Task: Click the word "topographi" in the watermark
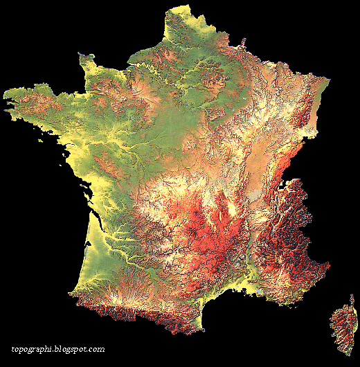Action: (35, 350)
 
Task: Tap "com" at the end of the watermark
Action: (98, 350)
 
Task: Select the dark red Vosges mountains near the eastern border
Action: (299, 114)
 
